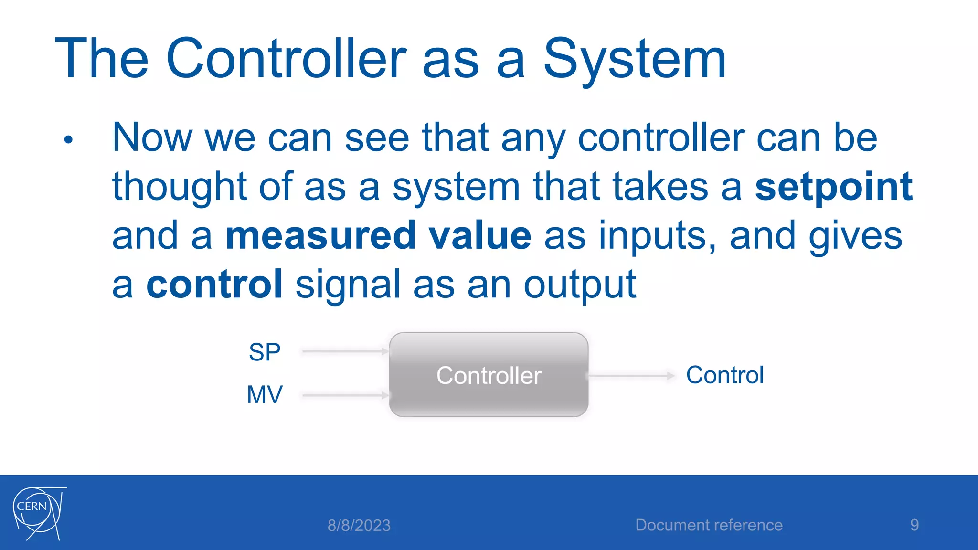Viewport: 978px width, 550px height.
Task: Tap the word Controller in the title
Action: (286, 59)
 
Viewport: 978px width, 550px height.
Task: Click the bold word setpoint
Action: (833, 187)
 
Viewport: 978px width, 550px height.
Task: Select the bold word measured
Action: (320, 235)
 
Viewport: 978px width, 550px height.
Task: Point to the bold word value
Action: (479, 235)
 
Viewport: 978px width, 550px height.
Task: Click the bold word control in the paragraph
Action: (214, 285)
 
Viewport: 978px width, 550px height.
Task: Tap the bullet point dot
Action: (68, 140)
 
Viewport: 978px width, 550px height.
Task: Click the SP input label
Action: (265, 352)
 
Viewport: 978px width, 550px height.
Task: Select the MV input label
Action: (265, 395)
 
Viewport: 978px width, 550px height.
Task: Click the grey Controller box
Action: (488, 375)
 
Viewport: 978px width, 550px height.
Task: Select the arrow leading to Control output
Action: (630, 376)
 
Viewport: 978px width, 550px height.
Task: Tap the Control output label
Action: (724, 375)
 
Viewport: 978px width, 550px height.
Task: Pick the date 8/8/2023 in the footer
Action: (359, 526)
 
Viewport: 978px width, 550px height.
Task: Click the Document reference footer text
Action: (709, 525)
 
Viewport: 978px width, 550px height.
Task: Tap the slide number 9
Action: (914, 525)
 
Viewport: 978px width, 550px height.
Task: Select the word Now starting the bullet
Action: (152, 138)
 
